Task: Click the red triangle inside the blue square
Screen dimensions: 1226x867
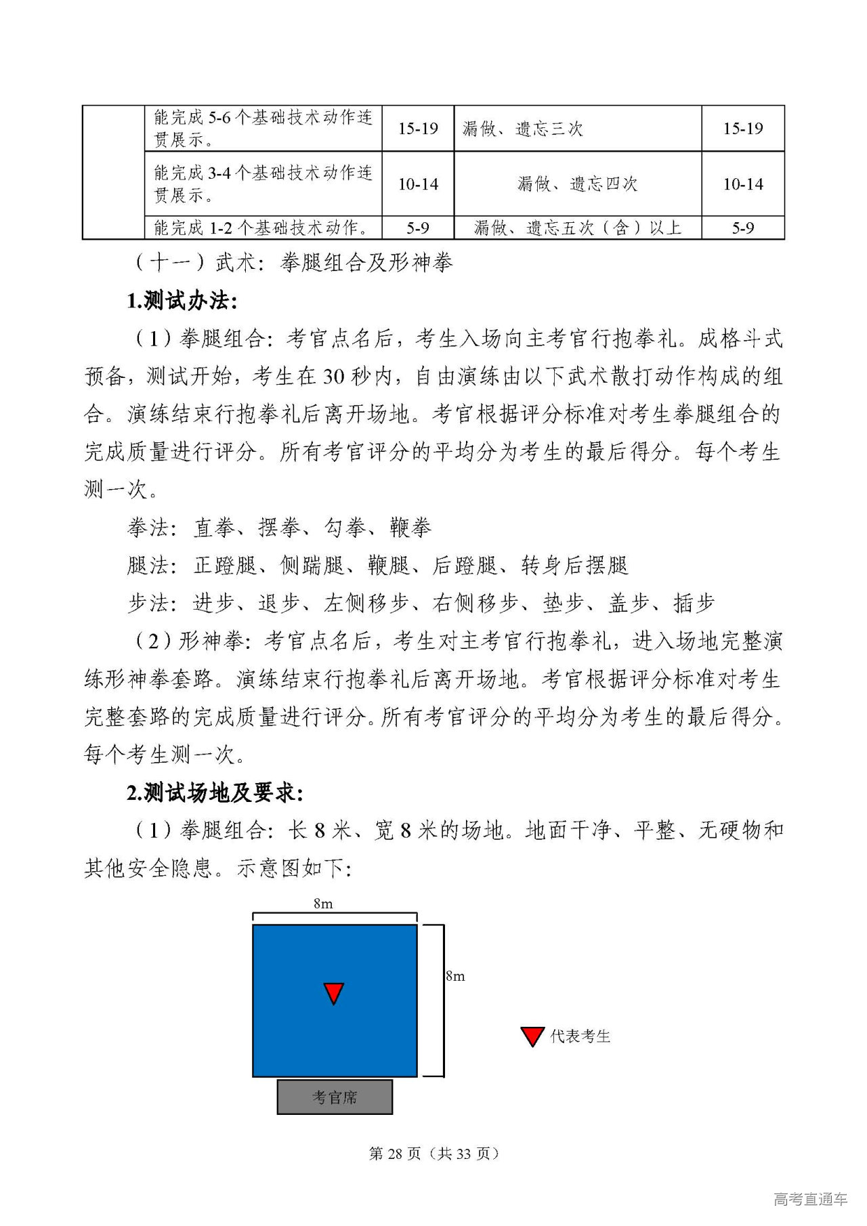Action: (334, 993)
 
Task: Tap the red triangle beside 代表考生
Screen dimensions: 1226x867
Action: (532, 1036)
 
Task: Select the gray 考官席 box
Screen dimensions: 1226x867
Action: (335, 1097)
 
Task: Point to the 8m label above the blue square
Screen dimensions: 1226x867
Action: (323, 904)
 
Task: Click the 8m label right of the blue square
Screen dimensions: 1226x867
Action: (455, 976)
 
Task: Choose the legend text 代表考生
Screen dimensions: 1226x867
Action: (580, 1036)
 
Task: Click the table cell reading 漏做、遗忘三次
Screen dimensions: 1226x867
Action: (522, 129)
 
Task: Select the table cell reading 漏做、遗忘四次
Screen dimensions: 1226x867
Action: (577, 184)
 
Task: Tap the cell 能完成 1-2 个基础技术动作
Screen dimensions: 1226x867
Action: (262, 228)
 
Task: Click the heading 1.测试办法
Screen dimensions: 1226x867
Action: (182, 300)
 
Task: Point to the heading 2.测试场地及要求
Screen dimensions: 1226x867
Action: (215, 792)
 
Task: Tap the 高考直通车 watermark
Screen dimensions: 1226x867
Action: (810, 1199)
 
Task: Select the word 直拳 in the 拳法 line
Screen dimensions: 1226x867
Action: (215, 527)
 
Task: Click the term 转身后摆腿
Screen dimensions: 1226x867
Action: (574, 565)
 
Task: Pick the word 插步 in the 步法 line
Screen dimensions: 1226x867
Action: (694, 603)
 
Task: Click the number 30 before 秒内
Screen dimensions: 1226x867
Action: (333, 376)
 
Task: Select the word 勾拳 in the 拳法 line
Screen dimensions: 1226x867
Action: (345, 527)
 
